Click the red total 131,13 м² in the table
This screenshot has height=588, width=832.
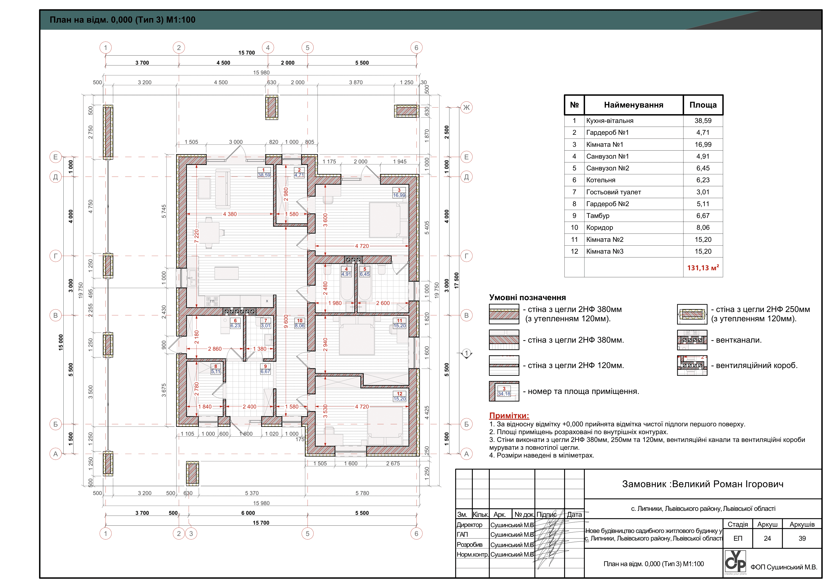[703, 268]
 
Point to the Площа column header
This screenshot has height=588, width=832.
[703, 105]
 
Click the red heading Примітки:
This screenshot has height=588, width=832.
[509, 416]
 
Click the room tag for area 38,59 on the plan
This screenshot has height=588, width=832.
[264, 172]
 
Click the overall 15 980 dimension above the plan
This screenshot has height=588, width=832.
[261, 72]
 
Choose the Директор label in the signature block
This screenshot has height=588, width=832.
[469, 525]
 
